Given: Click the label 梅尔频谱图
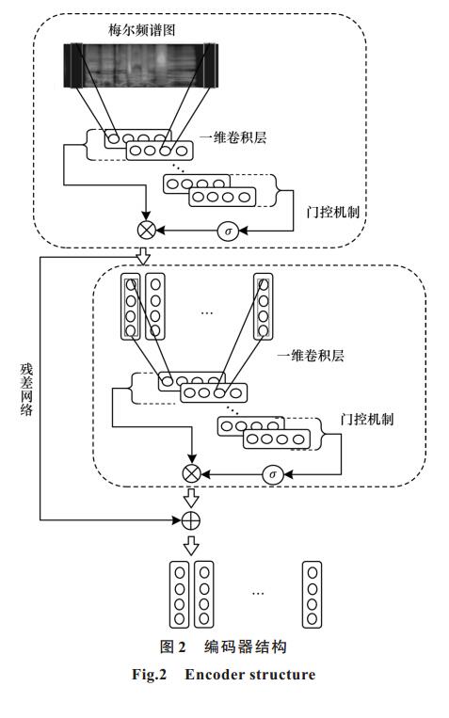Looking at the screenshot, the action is (141, 30).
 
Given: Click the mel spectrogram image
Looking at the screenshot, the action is (140, 65).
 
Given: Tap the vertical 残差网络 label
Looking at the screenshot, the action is (26, 390).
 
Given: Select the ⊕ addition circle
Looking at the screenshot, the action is (191, 520).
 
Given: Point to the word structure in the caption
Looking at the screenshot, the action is (282, 675).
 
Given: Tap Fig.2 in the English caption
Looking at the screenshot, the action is (150, 675).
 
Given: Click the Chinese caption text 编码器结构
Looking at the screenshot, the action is (246, 646).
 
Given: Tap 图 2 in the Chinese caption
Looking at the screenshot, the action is (172, 646).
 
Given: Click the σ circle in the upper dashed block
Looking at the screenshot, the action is (228, 231).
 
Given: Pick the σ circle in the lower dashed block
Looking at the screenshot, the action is (273, 474).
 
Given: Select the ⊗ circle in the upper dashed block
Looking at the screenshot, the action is (147, 230).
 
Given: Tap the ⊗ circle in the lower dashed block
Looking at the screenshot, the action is (191, 473).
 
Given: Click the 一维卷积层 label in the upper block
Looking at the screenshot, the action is (233, 137).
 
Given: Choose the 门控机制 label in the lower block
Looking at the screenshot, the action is (367, 419).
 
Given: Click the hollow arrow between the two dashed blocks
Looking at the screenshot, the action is (144, 256).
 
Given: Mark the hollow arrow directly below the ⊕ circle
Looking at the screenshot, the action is (191, 546).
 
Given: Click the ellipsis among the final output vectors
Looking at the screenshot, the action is (258, 594).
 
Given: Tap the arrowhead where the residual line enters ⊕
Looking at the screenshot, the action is (178, 520).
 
